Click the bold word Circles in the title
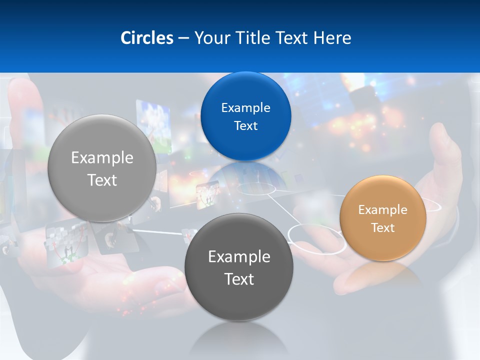pos(147,38)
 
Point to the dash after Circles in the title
pos(183,38)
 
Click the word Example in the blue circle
pos(246,108)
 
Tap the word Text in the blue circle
pos(246,126)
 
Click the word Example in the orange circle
pos(383,210)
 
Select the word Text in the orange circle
pos(383,228)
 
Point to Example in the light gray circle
pos(102,158)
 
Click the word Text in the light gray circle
pos(102,180)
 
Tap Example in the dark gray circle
pos(239,257)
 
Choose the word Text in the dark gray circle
pos(239,279)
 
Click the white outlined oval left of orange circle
pos(316,239)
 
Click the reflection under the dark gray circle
pos(239,335)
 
